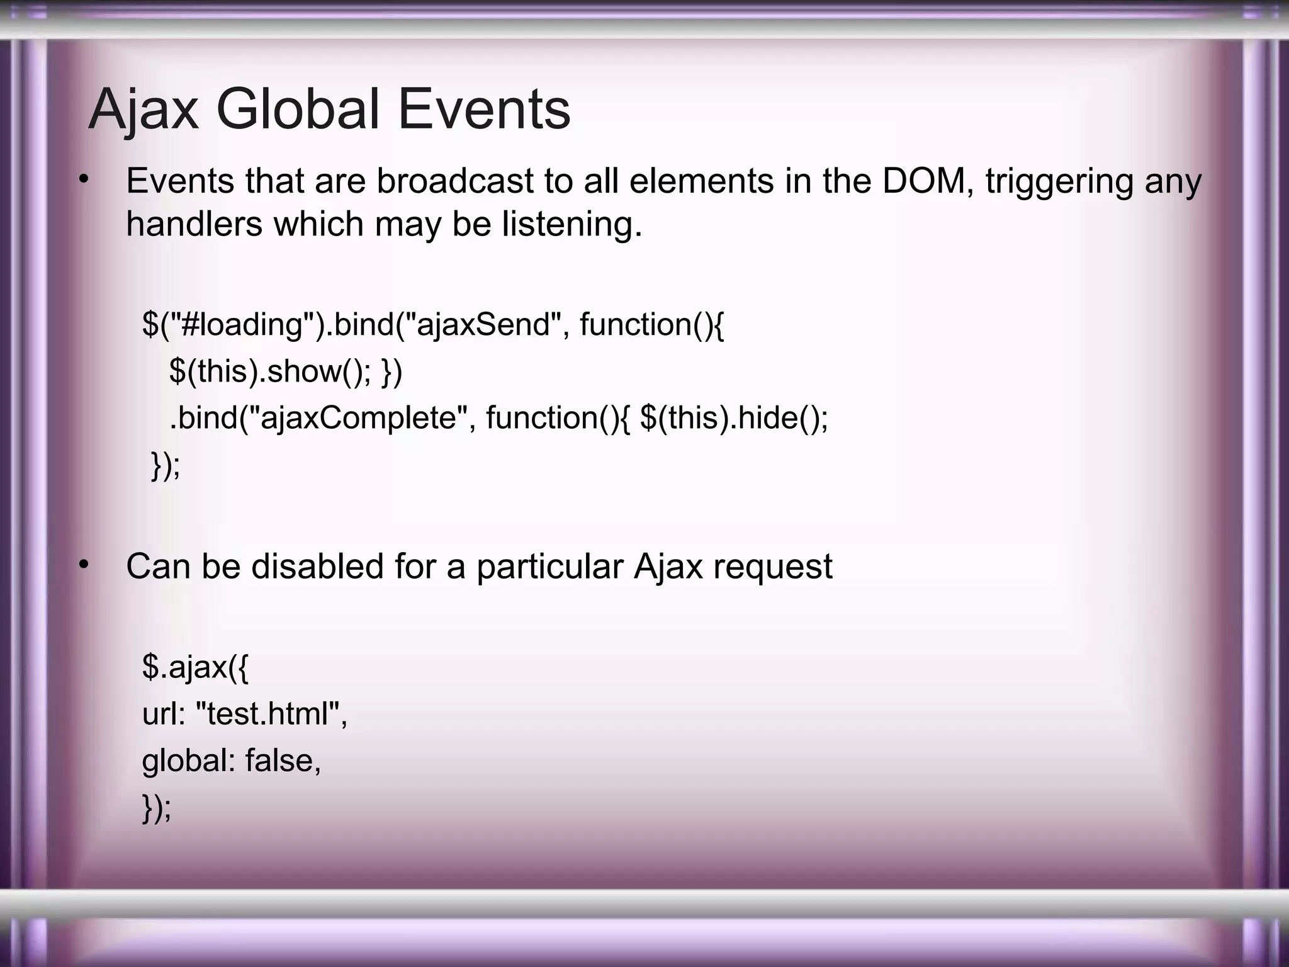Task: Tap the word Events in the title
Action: (x=484, y=110)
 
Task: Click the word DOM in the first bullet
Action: (x=928, y=181)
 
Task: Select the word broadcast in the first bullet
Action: (x=455, y=181)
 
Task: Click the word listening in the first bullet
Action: (x=571, y=225)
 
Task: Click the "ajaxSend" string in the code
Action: (x=483, y=325)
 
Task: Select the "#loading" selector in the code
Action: (x=242, y=325)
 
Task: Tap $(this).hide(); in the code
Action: (x=734, y=418)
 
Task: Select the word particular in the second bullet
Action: (x=549, y=567)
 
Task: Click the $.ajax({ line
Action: (x=195, y=667)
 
